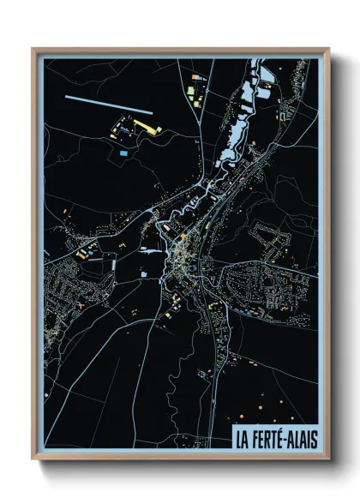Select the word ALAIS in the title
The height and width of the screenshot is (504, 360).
coord(300,438)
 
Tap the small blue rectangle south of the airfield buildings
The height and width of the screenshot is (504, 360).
coord(123,153)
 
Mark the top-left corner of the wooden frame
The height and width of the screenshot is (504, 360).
coord(33,49)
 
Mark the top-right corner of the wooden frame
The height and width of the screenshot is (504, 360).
coord(328,49)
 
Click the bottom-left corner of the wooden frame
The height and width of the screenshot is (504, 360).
coord(33,459)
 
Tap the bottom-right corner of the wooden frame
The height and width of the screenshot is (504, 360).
coord(328,459)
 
